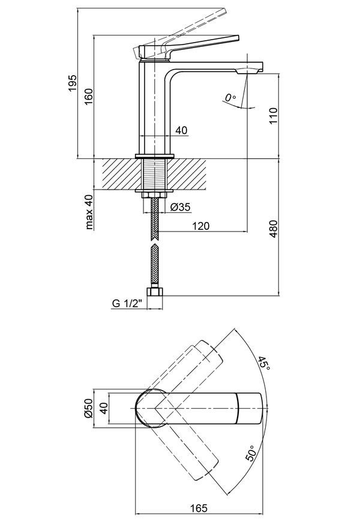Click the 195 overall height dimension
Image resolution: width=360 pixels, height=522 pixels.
tap(73, 83)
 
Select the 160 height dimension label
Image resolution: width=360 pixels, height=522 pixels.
tap(89, 97)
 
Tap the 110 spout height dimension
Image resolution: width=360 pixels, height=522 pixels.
tap(273, 116)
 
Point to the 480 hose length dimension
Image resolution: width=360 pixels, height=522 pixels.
tap(273, 229)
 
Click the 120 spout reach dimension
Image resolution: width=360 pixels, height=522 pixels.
tap(201, 226)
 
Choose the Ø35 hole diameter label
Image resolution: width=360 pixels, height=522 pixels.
tap(180, 207)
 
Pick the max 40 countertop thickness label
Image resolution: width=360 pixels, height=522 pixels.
tap(89, 212)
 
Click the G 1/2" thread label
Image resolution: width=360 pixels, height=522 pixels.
tap(127, 303)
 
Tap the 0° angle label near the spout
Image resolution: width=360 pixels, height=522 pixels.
tap(230, 98)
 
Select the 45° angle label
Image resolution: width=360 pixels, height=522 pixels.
tap(263, 362)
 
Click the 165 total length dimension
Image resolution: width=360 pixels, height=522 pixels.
tap(199, 508)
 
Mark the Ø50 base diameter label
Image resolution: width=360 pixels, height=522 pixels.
tap(89, 408)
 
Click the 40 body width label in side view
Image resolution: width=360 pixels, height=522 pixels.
tap(181, 130)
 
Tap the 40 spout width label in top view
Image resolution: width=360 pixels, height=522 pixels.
tap(104, 408)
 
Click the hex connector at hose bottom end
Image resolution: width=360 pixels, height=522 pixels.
tap(155, 292)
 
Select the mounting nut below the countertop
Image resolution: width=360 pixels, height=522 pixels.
tap(154, 195)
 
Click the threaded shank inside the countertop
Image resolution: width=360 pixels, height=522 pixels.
tap(155, 174)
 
